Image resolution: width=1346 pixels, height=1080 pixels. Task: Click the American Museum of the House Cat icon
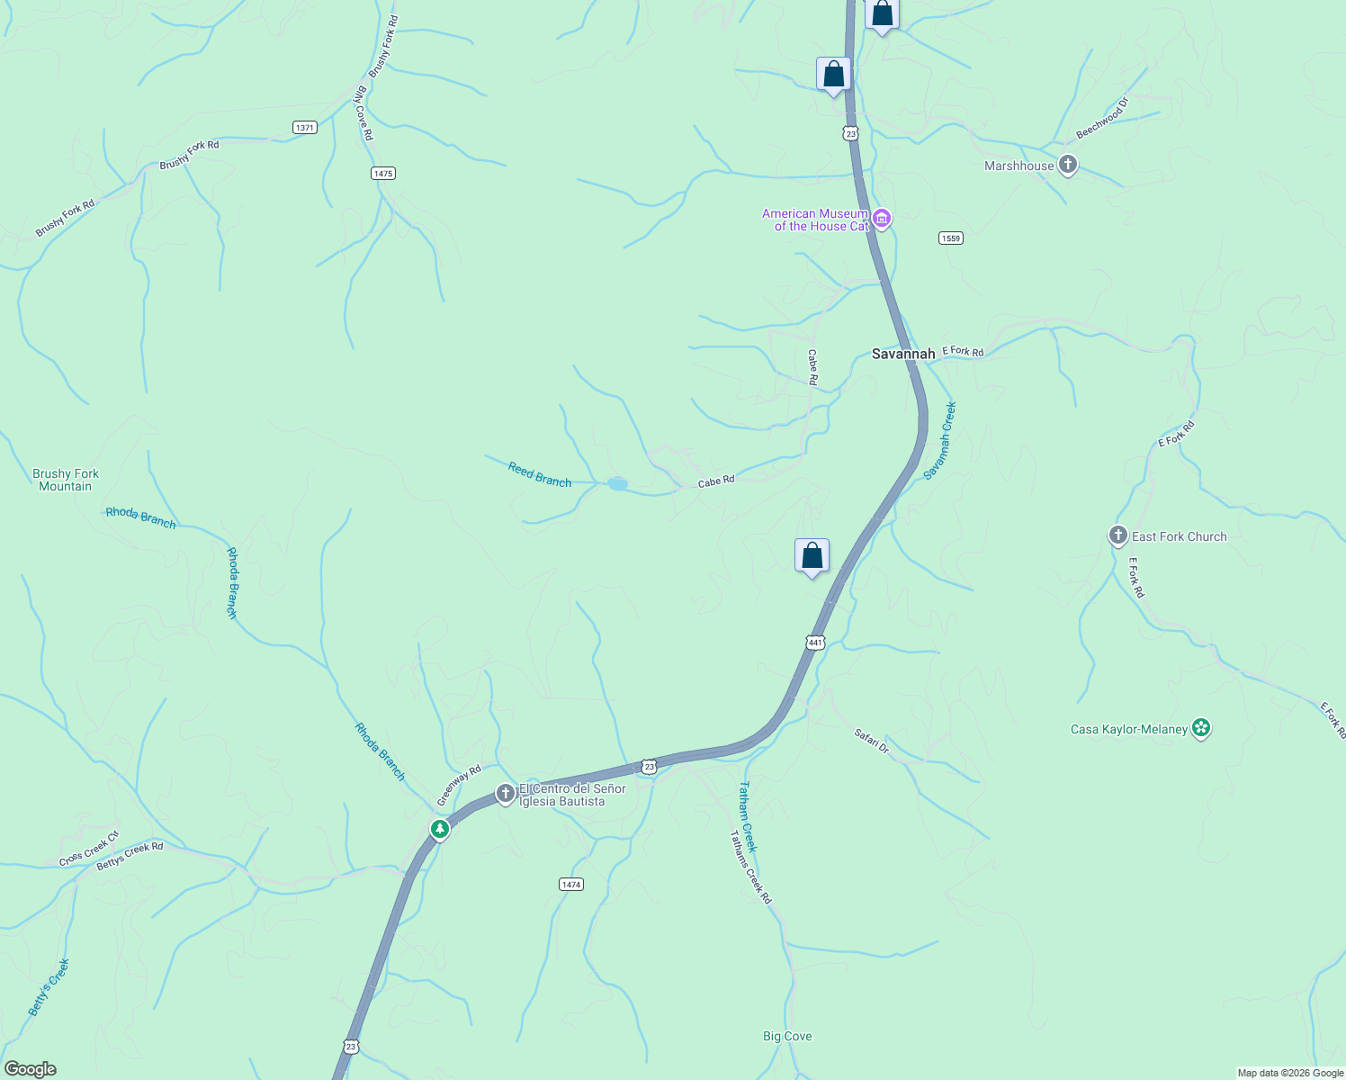click(882, 220)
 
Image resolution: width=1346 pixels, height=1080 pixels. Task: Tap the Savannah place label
click(903, 355)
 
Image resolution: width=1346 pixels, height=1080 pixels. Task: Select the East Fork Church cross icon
click(1117, 536)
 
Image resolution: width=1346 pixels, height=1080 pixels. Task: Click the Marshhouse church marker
click(1068, 166)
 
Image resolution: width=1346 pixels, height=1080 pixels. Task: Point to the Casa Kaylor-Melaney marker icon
click(1200, 728)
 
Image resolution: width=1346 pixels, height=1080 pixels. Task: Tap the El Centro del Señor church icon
click(506, 794)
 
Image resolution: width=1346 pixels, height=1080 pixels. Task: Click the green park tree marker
click(440, 829)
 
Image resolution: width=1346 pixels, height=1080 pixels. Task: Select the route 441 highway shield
click(815, 643)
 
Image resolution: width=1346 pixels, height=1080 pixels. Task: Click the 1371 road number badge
click(305, 128)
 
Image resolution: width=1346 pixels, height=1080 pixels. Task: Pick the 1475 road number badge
click(383, 173)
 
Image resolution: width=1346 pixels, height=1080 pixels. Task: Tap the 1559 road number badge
click(950, 238)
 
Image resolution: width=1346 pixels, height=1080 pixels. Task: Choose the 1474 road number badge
click(571, 885)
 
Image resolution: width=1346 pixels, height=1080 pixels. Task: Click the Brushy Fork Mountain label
click(66, 480)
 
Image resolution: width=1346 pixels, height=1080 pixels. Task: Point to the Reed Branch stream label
click(540, 475)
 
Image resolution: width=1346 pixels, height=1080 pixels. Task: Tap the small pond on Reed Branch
click(617, 484)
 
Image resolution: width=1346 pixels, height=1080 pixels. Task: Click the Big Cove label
click(787, 1037)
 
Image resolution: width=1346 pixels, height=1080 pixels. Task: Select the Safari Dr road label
click(871, 742)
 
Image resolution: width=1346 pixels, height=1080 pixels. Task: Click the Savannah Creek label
click(940, 441)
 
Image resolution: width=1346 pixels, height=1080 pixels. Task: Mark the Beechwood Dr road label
click(1102, 119)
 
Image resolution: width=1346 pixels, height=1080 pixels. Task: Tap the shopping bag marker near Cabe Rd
click(812, 556)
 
